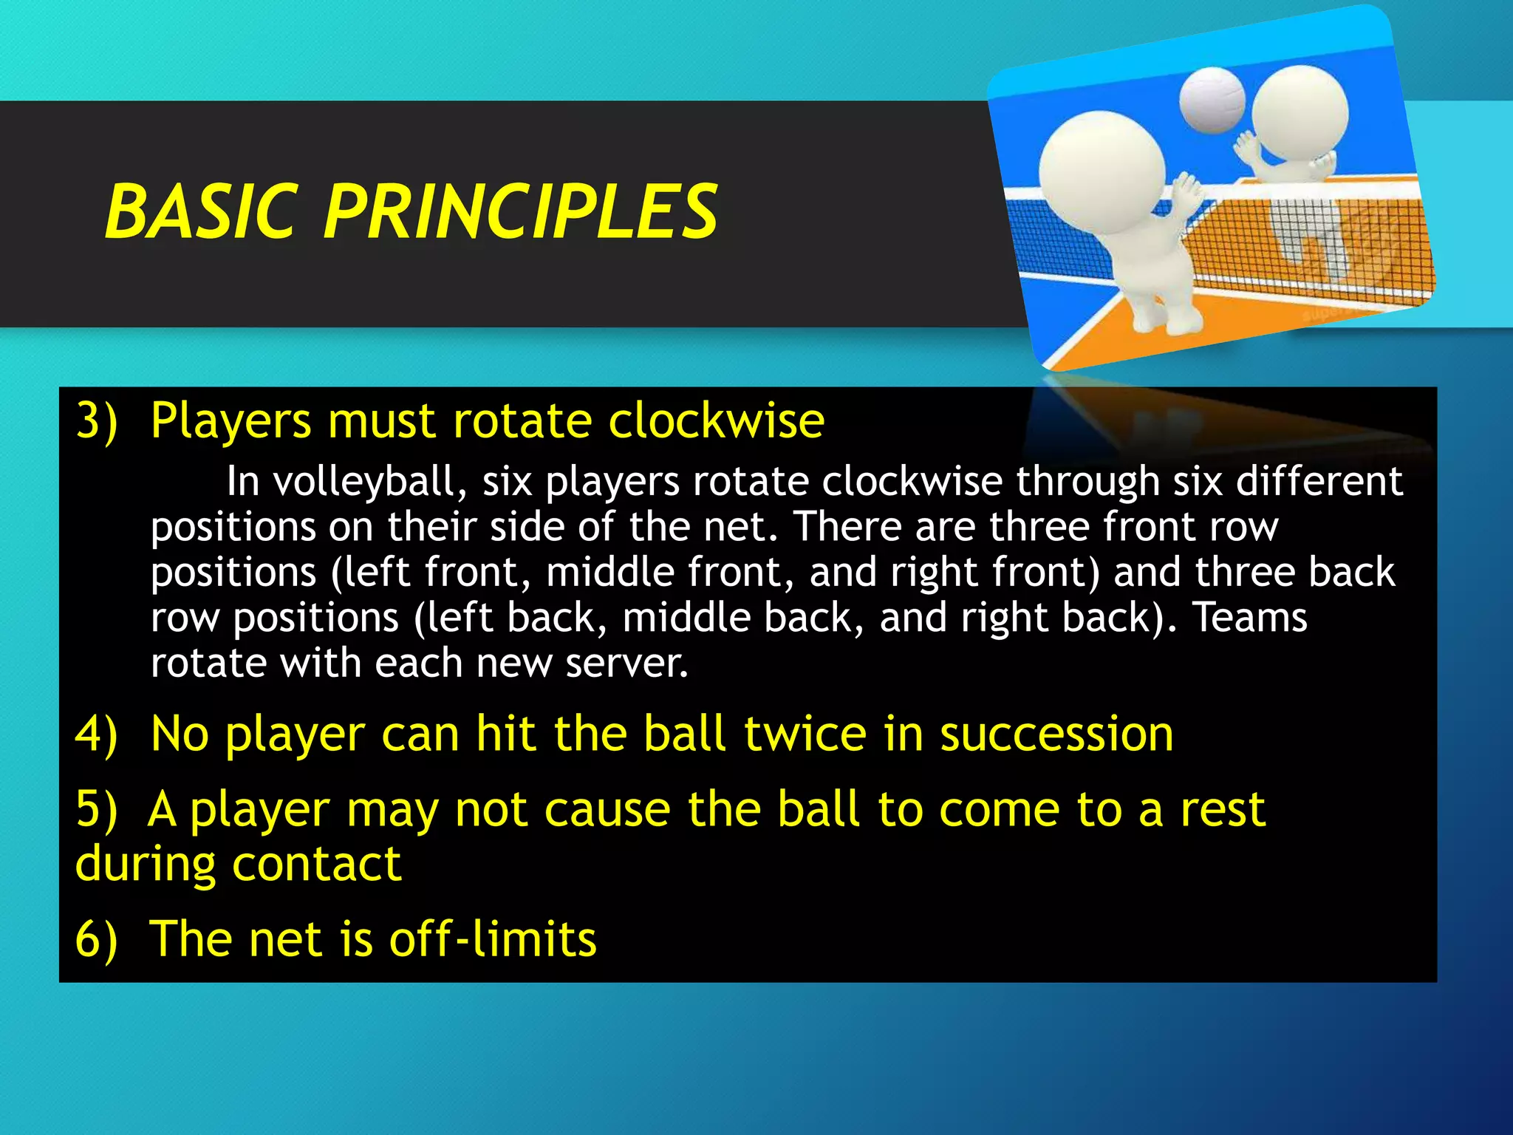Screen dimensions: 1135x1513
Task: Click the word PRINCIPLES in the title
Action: [521, 212]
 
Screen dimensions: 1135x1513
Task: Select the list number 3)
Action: [97, 421]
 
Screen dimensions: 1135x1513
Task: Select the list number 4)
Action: [97, 734]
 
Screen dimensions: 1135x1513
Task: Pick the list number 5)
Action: [97, 810]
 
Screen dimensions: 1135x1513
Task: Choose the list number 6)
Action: [97, 939]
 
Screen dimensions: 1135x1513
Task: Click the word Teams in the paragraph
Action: [1250, 618]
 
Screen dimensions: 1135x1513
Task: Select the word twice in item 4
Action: [805, 734]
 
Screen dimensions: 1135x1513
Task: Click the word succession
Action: [1056, 734]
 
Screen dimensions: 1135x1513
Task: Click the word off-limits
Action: [493, 939]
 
